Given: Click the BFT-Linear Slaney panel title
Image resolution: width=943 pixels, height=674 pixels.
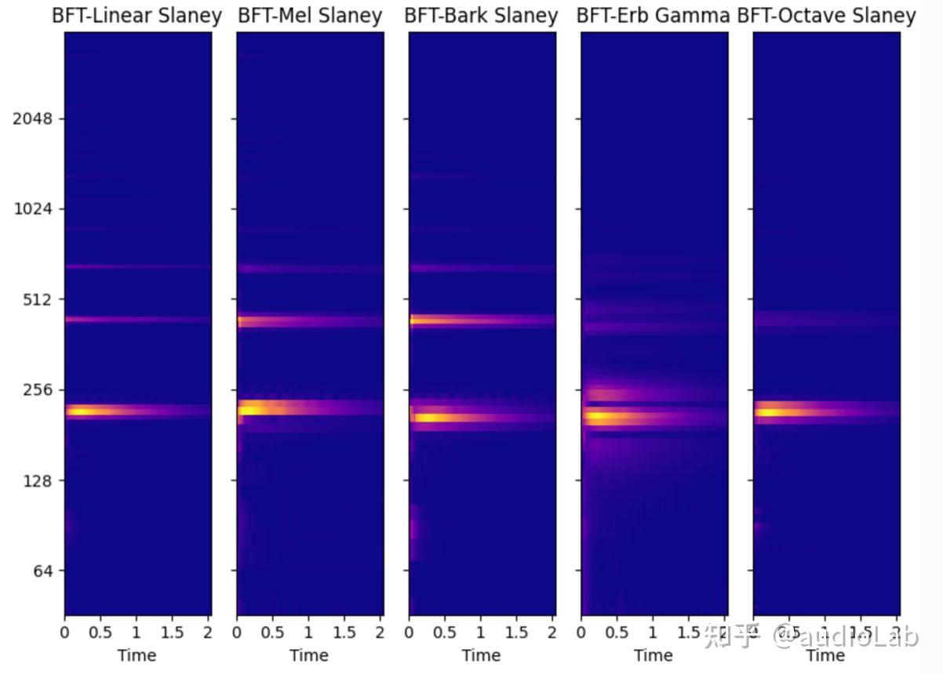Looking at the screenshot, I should pyautogui.click(x=137, y=16).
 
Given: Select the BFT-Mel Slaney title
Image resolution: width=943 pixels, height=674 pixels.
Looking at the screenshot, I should pyautogui.click(x=310, y=16).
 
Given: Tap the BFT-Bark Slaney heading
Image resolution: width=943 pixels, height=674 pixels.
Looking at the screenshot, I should pyautogui.click(x=481, y=16).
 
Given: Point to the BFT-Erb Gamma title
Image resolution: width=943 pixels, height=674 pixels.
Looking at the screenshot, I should pyautogui.click(x=653, y=16).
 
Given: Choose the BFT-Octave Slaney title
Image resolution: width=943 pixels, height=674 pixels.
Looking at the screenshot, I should pyautogui.click(x=827, y=16).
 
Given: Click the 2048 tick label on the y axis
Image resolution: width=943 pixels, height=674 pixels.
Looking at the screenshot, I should pyautogui.click(x=33, y=119).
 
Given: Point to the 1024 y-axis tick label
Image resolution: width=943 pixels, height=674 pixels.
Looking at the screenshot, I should pyautogui.click(x=33, y=209).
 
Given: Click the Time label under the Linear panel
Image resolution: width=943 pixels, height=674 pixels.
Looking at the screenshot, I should pyautogui.click(x=137, y=655).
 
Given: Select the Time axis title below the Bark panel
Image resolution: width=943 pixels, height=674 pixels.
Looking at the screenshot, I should pyautogui.click(x=481, y=655).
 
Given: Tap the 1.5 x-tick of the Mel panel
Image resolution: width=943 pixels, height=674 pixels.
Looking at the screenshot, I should pyautogui.click(x=344, y=632).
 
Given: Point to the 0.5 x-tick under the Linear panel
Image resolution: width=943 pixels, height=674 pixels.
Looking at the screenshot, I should pyautogui.click(x=100, y=632).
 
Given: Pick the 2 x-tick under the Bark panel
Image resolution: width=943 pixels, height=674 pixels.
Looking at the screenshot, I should pyautogui.click(x=552, y=632).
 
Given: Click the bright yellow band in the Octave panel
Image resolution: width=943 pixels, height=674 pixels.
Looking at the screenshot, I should pyautogui.click(x=773, y=411).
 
